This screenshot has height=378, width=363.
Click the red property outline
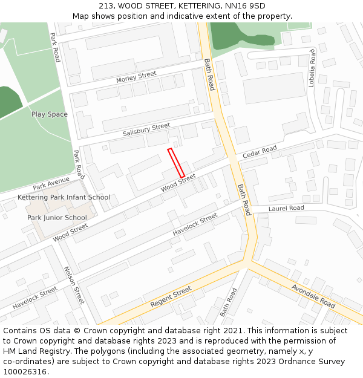pyautogui.click(x=176, y=163)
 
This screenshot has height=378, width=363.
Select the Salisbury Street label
pyautogui.click(x=146, y=129)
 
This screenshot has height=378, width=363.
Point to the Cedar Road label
pyautogui.click(x=260, y=152)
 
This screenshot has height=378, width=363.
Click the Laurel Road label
pyautogui.click(x=286, y=208)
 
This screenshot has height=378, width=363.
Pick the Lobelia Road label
pyautogui.click(x=313, y=68)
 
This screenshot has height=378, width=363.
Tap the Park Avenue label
pyautogui.click(x=51, y=183)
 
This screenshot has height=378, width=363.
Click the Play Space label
pyautogui.click(x=50, y=114)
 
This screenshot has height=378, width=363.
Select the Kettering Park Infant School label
pyautogui.click(x=64, y=197)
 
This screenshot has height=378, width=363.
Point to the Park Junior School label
pyautogui.click(x=57, y=218)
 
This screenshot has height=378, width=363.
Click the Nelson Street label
pyautogui.click(x=74, y=285)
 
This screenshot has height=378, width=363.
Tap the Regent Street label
pyautogui.click(x=171, y=296)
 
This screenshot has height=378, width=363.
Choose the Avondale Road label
pyautogui.click(x=313, y=295)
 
